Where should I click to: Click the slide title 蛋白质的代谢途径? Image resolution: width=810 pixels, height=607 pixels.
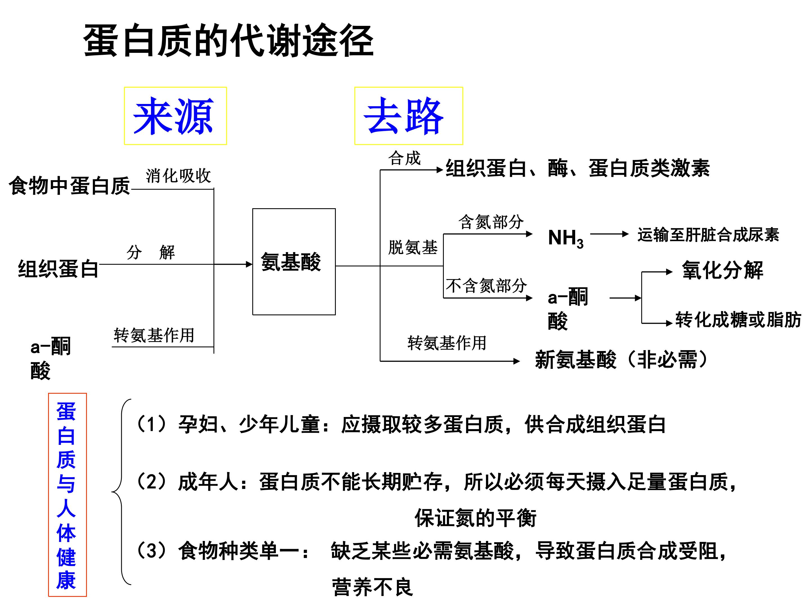pos(229,40)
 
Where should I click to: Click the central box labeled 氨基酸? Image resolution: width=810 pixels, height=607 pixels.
pos(294,262)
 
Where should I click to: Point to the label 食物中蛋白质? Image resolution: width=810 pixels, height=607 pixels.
pos(69,185)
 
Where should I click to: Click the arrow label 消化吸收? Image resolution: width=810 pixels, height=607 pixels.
pos(178,176)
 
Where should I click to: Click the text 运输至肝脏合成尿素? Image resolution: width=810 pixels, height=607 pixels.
pos(708,235)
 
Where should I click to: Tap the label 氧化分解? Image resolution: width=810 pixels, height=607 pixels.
pos(723,270)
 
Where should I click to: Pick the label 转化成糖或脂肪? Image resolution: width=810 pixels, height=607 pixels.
pos(738,320)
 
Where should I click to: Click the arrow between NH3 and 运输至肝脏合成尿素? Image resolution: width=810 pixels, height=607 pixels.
pos(609,234)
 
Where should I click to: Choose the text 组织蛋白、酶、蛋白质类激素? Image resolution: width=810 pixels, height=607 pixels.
pos(577,168)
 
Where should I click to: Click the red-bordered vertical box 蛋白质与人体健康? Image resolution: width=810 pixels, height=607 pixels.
pos(67,495)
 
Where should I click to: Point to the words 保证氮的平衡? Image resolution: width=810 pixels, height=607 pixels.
pos(475,518)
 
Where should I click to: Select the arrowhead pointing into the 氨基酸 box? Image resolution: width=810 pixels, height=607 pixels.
pos(249,264)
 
